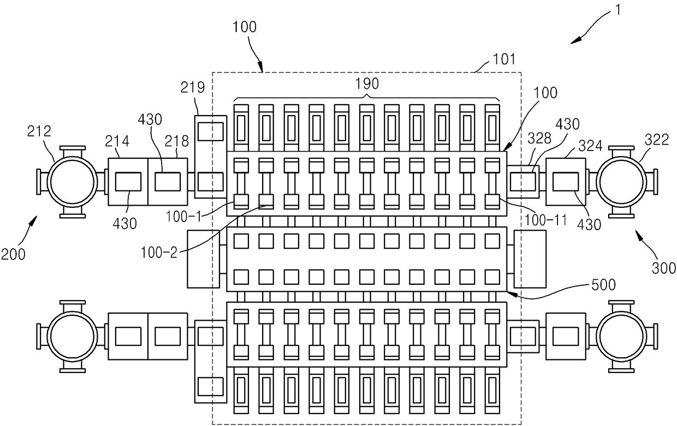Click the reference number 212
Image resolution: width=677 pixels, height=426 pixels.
click(39, 131)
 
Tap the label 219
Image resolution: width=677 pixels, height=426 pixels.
click(193, 88)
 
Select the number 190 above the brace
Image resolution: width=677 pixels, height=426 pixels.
click(366, 83)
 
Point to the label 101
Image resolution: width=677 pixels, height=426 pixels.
click(504, 59)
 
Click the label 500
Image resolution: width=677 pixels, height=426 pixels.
click(603, 285)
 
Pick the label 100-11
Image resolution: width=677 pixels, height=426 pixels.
click(545, 220)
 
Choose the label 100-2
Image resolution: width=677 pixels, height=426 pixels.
click(159, 253)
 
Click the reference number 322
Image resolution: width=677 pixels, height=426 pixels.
click(657, 140)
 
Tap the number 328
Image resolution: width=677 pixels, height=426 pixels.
click(539, 139)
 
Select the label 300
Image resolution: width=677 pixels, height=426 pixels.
click(664, 268)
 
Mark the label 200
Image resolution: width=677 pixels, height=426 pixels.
click(13, 255)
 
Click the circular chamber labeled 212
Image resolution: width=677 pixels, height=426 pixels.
click(72, 182)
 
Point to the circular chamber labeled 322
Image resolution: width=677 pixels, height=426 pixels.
click(621, 182)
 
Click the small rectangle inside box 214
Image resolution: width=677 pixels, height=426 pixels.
click(128, 182)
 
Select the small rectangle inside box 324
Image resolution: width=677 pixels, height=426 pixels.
click(566, 182)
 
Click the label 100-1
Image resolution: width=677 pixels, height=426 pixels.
click(183, 217)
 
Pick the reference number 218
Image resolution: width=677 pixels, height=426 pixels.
click(177, 141)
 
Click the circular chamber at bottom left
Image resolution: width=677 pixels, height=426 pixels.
click(72, 337)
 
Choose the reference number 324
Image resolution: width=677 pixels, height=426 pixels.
click(590, 146)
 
